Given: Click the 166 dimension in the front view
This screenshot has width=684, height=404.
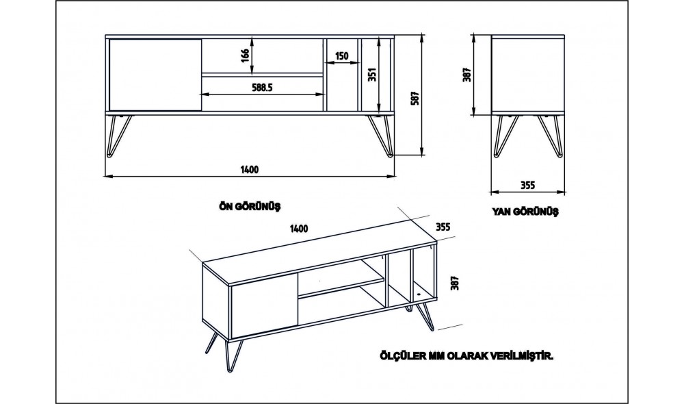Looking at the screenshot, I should click(x=245, y=55).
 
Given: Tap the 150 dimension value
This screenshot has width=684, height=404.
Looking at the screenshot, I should click(x=342, y=55).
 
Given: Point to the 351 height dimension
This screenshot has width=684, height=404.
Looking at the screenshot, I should click(x=372, y=74).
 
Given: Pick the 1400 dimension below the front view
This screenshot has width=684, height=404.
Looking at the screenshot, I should click(x=250, y=170).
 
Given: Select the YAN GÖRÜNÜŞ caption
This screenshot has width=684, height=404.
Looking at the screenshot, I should click(x=525, y=212).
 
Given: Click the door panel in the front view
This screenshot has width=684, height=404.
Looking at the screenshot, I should click(x=155, y=74).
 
